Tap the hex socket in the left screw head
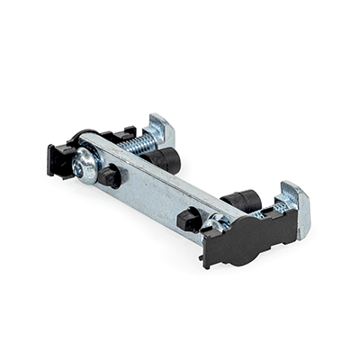85,165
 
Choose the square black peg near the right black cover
187,220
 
